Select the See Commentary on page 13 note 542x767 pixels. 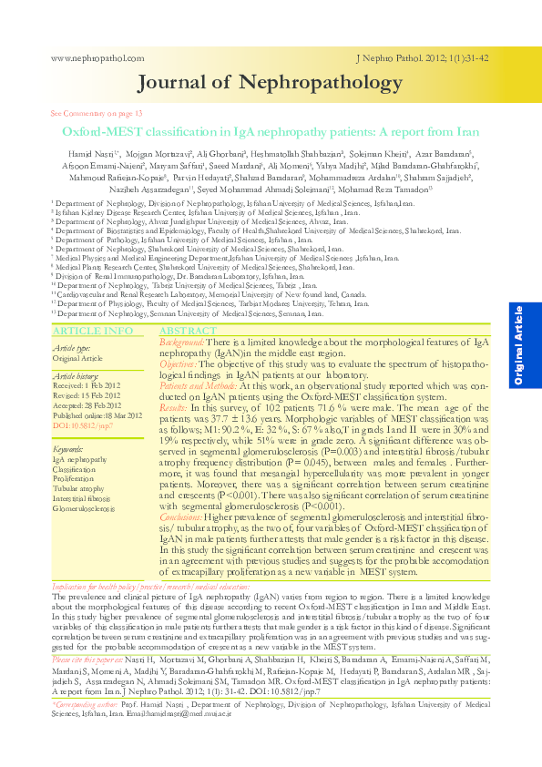(97, 113)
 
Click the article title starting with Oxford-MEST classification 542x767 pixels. (270, 132)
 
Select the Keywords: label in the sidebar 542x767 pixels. (69, 450)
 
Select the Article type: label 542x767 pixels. (71, 348)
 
